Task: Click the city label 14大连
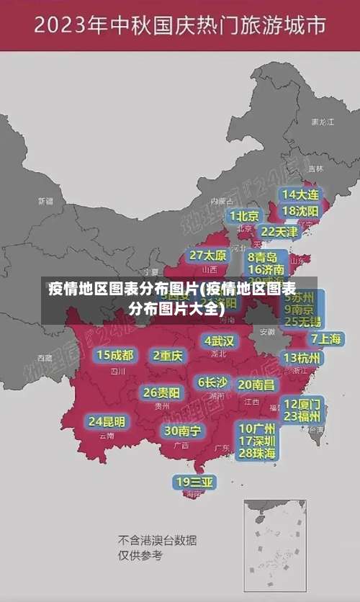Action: pos(300,194)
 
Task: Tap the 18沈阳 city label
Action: pos(300,211)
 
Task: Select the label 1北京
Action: pos(244,215)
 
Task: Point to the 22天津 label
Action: pos(279,232)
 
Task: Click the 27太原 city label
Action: pos(208,256)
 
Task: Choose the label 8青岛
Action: pos(263,257)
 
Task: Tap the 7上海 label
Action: pos(326,338)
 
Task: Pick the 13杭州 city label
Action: pos(302,358)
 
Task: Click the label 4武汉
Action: pos(219,341)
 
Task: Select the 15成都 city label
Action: pos(115,355)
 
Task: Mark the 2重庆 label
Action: pos(168,355)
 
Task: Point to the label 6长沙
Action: pos(212,382)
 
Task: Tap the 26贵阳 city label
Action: pos(161,393)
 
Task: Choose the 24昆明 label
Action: pos(107,421)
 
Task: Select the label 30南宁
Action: pos(182,431)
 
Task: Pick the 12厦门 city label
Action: pos(302,403)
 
